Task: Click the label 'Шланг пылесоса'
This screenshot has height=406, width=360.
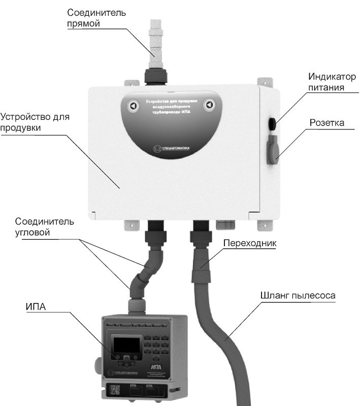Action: pos(294,294)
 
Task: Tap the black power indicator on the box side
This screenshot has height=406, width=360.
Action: pos(272,122)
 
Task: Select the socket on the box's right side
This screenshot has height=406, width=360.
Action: pos(272,149)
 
